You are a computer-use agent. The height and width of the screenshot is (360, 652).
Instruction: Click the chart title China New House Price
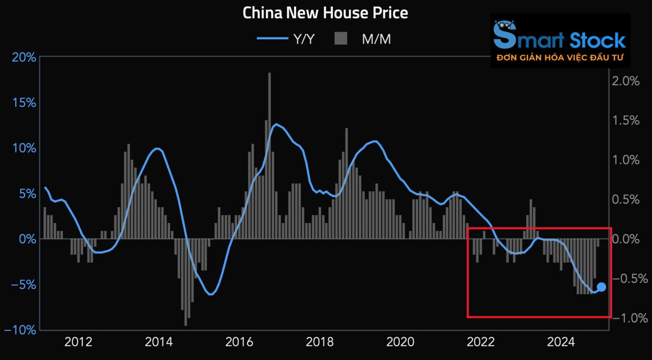pyautogui.click(x=325, y=13)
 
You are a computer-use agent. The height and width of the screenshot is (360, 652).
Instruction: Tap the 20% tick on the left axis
pyautogui.click(x=24, y=57)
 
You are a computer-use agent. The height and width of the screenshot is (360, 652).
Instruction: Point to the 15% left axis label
pyautogui.click(x=24, y=103)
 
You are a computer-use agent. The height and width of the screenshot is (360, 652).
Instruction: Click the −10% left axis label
pyautogui.click(x=20, y=330)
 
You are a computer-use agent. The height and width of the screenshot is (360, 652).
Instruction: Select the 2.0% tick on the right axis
pyautogui.click(x=626, y=81)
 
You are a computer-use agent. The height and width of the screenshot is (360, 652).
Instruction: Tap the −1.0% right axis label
pyautogui.click(x=630, y=318)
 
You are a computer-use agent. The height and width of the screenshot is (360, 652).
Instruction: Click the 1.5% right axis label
pyautogui.click(x=626, y=121)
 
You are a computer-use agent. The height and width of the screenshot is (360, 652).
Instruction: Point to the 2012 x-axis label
pyautogui.click(x=78, y=342)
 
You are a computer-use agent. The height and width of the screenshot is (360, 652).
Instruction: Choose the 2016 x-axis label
pyautogui.click(x=239, y=342)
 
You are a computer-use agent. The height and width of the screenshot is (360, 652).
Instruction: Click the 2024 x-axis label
pyautogui.click(x=561, y=342)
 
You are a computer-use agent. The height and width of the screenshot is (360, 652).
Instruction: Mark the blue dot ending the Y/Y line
pyautogui.click(x=601, y=287)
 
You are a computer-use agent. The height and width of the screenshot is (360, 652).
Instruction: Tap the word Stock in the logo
pyautogui.click(x=597, y=41)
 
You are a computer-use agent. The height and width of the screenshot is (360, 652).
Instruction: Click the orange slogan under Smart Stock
pyautogui.click(x=560, y=58)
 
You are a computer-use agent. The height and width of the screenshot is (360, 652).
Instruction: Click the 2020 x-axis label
pyautogui.click(x=400, y=342)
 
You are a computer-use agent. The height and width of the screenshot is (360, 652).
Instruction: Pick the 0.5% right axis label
pyautogui.click(x=626, y=200)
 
